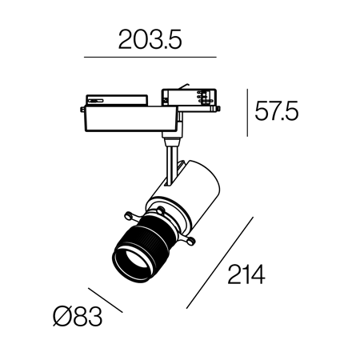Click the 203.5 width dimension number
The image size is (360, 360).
point(150,39)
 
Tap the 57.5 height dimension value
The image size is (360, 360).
point(277,110)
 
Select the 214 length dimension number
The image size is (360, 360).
point(246,274)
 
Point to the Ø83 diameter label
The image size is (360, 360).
point(78,317)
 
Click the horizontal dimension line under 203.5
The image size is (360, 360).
point(150,57)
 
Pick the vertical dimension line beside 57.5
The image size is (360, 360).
point(247,113)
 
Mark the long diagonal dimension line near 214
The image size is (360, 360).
point(220,263)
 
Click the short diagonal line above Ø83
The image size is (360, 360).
point(106,300)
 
